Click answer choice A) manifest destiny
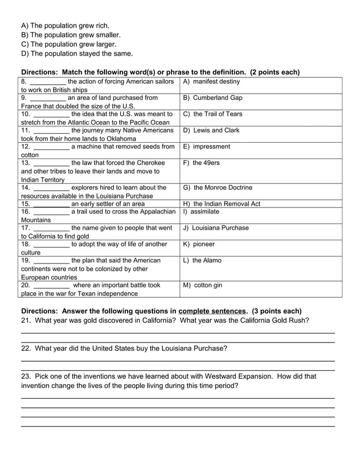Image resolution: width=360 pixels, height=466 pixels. point(212,82)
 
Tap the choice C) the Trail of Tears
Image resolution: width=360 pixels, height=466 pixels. point(213,114)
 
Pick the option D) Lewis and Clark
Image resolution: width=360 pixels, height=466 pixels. point(211,130)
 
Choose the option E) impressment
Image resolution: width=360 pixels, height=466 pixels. point(207,147)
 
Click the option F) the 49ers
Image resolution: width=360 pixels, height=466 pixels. point(201,163)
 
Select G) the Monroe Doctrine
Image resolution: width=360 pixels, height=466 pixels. point(218,187)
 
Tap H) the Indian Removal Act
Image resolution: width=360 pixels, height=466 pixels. point(222,204)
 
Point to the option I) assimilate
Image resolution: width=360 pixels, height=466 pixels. point(201,212)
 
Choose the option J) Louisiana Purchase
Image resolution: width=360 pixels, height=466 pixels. point(216,228)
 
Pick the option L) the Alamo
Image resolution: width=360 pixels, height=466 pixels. point(203,261)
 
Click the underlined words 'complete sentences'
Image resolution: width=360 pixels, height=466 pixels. point(212,311)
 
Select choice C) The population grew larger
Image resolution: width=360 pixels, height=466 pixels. point(69,44)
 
